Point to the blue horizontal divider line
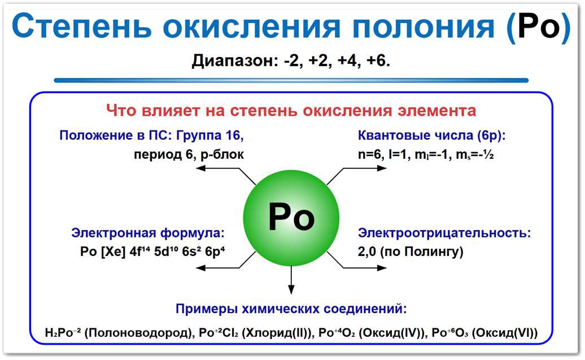pos(291,80)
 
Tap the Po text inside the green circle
pos(291,217)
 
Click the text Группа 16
pos(209,136)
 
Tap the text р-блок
pos(221,154)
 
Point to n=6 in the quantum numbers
pos(370,154)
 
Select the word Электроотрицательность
pos(444,233)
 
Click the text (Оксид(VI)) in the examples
pos(504,333)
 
